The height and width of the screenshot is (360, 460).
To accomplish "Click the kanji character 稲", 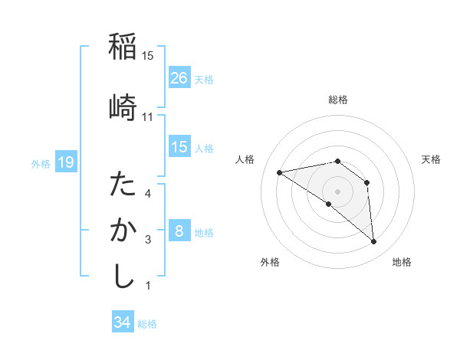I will pos(123,47).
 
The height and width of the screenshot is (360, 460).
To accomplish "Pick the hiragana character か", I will pos(123,231).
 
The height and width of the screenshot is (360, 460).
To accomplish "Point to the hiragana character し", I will pos(123,276).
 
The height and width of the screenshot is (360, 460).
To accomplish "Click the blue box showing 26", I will pos(179,77).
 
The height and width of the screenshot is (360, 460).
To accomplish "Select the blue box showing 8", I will pos(179,231).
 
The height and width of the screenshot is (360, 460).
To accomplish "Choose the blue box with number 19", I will pos(65,162).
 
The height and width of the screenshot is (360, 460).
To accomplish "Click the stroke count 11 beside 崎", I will pos(147,116).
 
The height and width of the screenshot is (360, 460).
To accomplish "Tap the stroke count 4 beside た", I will pos(147,193).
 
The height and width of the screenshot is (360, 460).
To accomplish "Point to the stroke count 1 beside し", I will pos(147,286).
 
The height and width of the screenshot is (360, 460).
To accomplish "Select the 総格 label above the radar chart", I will pos(337,100).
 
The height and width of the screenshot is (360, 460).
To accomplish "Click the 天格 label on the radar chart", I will pos(431,159).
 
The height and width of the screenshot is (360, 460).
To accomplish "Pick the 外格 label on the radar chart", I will pos(270,262).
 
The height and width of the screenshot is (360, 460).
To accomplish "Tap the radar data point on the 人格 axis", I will pos(280,172).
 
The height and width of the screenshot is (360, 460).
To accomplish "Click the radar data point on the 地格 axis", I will pos(374,242).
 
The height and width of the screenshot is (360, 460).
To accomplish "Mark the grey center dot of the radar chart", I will pos(337,190).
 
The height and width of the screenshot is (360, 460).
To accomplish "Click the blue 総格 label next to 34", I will pos(147,324).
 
